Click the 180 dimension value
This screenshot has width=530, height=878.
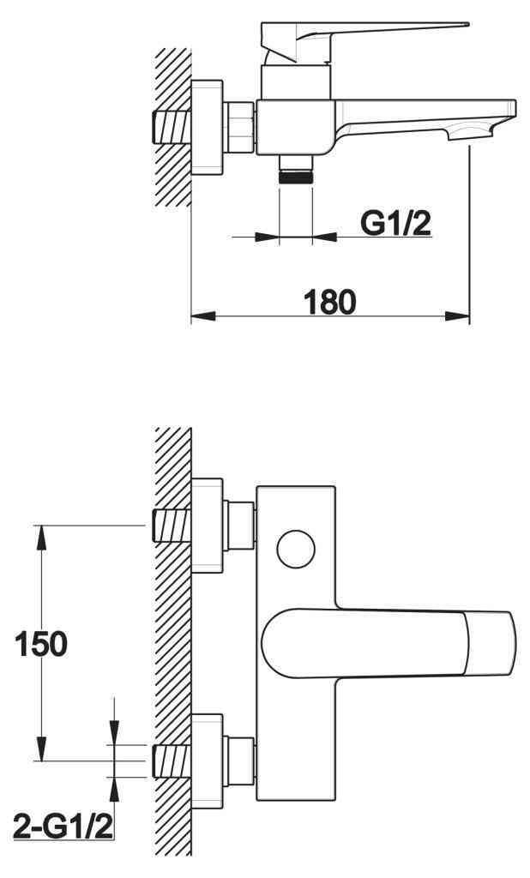pos(329,302)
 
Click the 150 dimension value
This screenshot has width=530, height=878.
pos(40,643)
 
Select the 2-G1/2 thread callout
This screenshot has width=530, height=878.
pos(64,827)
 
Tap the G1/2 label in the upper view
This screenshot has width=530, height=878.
pos(395,223)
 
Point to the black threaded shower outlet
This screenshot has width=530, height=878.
pos(297,176)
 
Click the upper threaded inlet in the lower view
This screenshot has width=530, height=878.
pos(170,526)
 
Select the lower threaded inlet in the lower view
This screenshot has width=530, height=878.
pos(170,761)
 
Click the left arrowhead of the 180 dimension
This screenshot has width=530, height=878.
pos(198,317)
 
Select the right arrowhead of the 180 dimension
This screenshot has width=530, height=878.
pos(461,317)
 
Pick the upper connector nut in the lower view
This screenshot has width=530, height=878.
pos(239,525)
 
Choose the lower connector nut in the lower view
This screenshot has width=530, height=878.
pos(239,761)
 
